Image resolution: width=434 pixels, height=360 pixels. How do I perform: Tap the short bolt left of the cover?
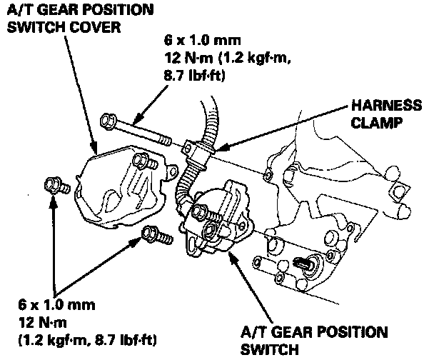coord(54,185)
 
